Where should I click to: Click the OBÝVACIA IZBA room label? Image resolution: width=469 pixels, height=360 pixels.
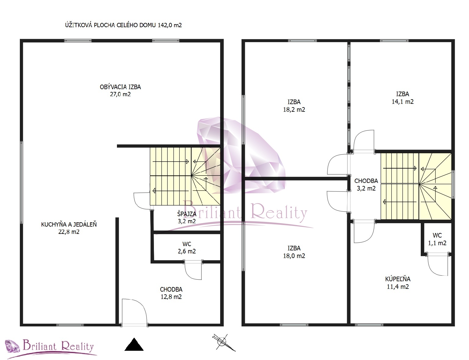[x=120, y=90]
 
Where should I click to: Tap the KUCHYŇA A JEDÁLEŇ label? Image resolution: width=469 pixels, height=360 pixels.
[x=69, y=228]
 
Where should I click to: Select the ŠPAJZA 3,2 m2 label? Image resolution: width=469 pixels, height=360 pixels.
[x=187, y=217]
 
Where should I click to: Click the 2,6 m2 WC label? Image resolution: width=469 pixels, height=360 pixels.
[x=187, y=248]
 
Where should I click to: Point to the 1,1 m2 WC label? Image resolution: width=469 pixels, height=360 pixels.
[x=437, y=239]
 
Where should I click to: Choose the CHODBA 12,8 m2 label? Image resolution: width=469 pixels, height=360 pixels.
[x=171, y=293]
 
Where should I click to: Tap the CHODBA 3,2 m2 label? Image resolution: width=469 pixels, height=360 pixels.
[x=366, y=184]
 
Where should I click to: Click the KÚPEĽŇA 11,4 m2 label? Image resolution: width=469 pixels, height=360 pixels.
[x=398, y=283]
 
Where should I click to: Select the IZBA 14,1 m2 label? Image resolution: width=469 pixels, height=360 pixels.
[x=402, y=98]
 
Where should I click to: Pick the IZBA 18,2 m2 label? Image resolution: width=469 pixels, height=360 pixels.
[x=294, y=106]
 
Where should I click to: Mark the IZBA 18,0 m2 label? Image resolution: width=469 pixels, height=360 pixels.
[x=294, y=252]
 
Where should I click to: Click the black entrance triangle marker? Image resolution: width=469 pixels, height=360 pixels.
[x=134, y=344]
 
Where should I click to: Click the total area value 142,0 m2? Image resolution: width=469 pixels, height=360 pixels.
[x=170, y=25]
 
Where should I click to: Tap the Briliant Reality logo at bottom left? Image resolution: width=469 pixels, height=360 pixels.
[x=50, y=347]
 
